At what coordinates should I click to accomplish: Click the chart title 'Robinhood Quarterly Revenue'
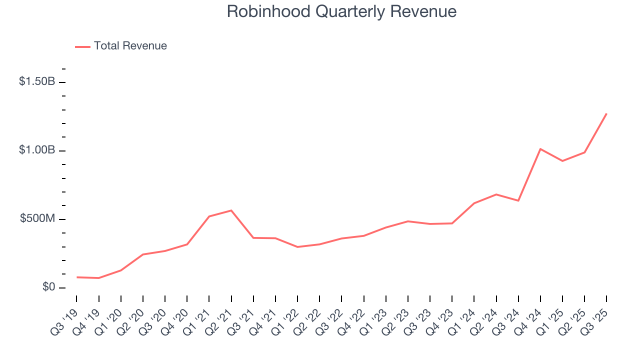(x=341, y=11)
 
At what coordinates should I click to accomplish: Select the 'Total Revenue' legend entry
(x=130, y=46)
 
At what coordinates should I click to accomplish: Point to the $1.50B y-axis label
(x=37, y=81)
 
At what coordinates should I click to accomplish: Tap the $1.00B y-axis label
(x=37, y=150)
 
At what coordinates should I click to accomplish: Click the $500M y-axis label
(x=37, y=219)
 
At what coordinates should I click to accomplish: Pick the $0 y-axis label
(x=48, y=287)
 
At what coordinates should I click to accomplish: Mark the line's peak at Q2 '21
(x=231, y=210)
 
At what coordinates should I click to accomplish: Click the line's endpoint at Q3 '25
(x=606, y=113)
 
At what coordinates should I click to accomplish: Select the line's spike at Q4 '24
(x=540, y=149)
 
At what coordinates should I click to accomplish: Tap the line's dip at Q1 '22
(x=297, y=247)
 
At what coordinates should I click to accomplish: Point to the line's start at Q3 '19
(x=77, y=277)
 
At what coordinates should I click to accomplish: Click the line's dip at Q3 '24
(x=518, y=200)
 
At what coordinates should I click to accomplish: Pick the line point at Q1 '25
(x=562, y=161)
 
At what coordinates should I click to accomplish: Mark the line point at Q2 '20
(x=143, y=254)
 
